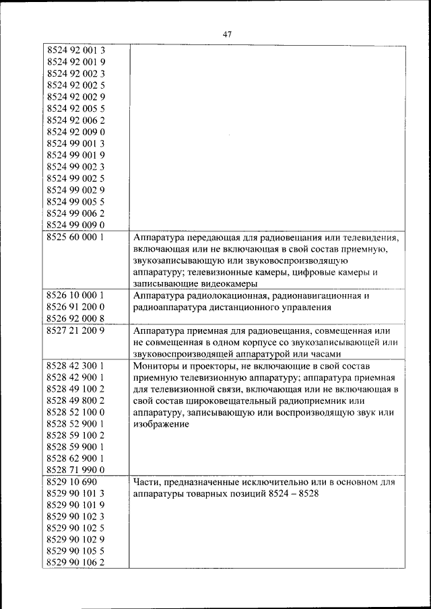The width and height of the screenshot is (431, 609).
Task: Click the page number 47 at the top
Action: (226, 34)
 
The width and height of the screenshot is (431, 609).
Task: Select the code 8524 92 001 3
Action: (77, 50)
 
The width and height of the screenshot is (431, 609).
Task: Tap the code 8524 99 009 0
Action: (77, 225)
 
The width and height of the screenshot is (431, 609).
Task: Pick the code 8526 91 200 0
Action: (77, 308)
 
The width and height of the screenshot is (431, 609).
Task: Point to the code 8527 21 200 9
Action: (77, 330)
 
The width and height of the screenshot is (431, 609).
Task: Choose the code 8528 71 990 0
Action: (77, 470)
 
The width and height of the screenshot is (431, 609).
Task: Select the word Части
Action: (147, 482)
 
